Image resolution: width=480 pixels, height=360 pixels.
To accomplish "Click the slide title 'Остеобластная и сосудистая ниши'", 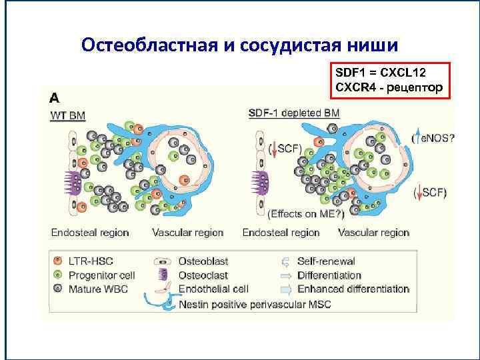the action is coord(239,45).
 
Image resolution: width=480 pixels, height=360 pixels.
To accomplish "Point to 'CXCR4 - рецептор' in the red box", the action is coord(388,86).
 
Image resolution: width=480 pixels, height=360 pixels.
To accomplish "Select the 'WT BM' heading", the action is coord(69,115).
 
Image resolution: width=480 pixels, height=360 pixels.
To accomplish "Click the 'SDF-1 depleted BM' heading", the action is coord(294,113).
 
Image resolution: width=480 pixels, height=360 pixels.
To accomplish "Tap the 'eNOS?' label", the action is coord(437,139).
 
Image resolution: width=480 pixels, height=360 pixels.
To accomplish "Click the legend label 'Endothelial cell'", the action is coord(213,289).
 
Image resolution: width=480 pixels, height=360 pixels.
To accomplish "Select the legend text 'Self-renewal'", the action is coord(326,261).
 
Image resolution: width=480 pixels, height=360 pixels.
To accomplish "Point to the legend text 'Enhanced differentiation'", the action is coord(353,289).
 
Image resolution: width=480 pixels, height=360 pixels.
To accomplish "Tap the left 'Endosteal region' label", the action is coord(90,233).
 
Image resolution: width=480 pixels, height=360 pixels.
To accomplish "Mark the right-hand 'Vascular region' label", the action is coord(374,233).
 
